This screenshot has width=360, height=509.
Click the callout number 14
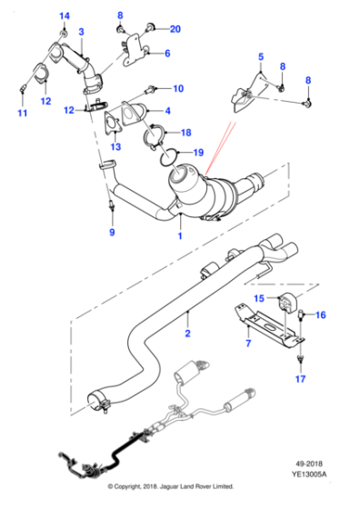point(65,15)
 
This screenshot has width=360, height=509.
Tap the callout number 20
point(175,29)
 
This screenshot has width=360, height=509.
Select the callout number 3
point(81,32)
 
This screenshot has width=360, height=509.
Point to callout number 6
point(167,54)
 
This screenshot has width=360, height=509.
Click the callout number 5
point(261,56)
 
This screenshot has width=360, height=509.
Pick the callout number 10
point(178,88)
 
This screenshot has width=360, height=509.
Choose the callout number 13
point(115,146)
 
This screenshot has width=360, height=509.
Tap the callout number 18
point(186,133)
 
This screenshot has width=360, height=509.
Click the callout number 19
point(198,153)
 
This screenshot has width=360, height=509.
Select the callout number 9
point(112,232)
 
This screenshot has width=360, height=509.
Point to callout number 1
point(180,235)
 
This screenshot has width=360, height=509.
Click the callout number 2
point(187,334)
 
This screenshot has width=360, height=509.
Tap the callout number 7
point(248,344)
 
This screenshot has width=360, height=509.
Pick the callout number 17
point(300,379)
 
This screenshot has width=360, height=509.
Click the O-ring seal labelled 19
point(168,157)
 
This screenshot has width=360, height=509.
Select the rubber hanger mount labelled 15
point(285,301)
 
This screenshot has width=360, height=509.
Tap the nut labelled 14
point(64,34)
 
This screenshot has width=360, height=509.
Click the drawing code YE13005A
point(309,474)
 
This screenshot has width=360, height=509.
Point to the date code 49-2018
point(309,464)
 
